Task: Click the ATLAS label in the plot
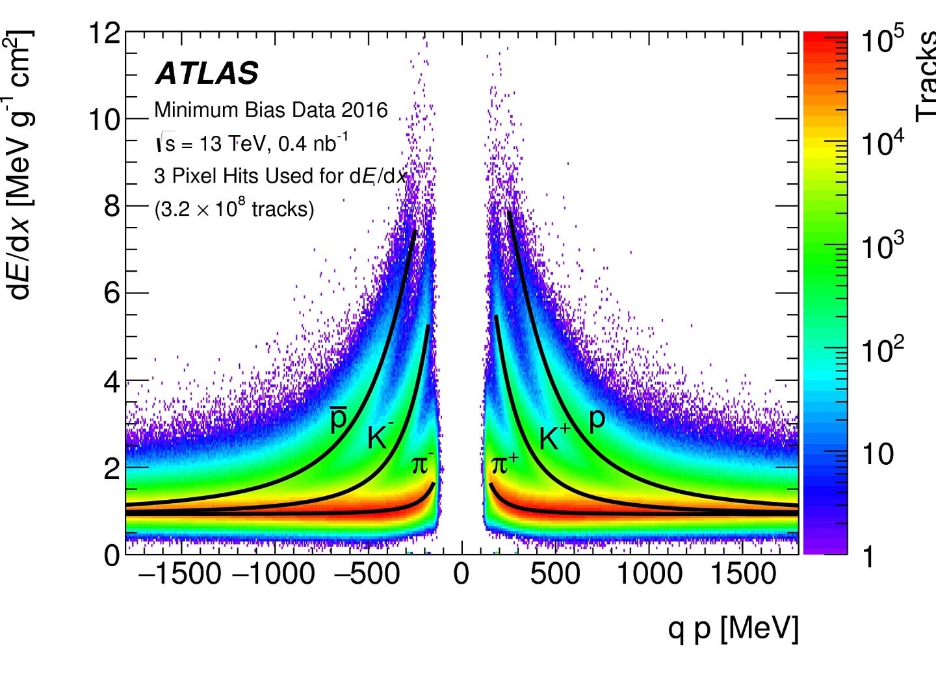pos(207,73)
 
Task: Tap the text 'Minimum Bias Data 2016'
pos(270,110)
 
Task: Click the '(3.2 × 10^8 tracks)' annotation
pos(234,209)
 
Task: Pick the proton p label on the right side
pos(597,421)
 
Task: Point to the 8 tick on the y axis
pos(112,206)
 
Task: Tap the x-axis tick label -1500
pos(180,574)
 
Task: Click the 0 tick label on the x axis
pos(461,574)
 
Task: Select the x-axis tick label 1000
pos(649,574)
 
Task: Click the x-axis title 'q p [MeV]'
pos(733,629)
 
